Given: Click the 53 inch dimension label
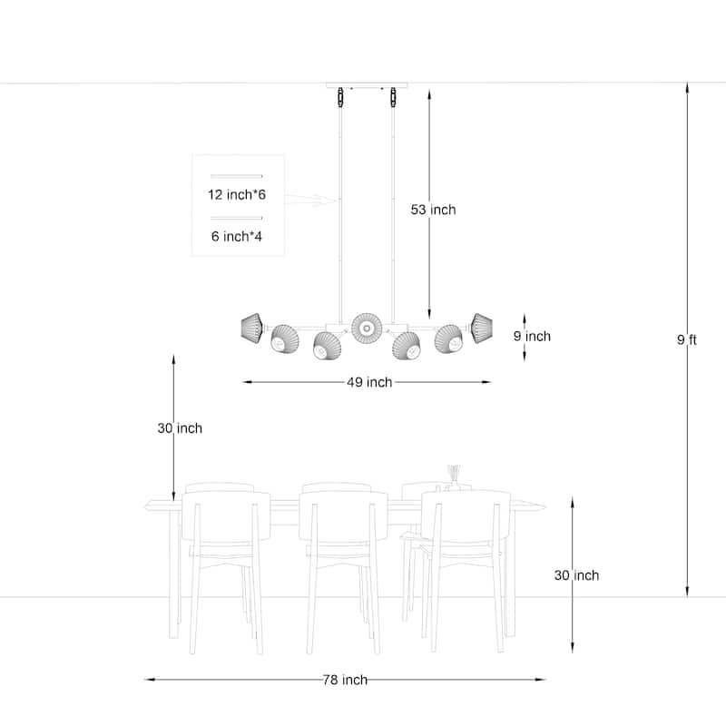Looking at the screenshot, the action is coord(433,210).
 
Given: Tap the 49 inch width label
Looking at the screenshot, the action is coord(369,382).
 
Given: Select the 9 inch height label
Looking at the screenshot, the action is coord(532,336).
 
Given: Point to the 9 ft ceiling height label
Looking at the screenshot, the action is coord(687,339).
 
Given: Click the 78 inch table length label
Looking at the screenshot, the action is coord(345,680).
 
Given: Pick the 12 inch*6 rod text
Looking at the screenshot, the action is coord(237,194).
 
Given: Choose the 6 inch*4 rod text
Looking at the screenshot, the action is coord(237,237).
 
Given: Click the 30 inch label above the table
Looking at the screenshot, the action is coord(180,428).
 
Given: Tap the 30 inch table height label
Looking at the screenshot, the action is coord(576,575).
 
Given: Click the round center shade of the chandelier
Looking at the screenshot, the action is coord(367,329).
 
